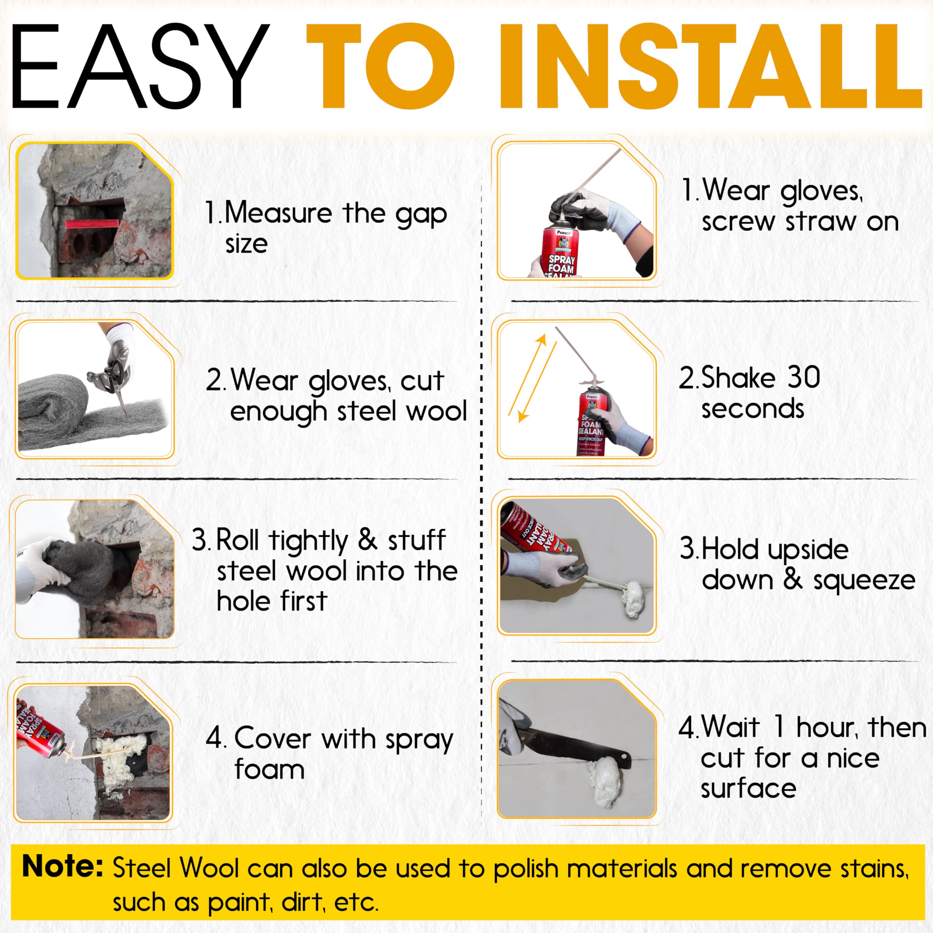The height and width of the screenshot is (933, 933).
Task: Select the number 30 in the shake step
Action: click(x=804, y=377)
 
